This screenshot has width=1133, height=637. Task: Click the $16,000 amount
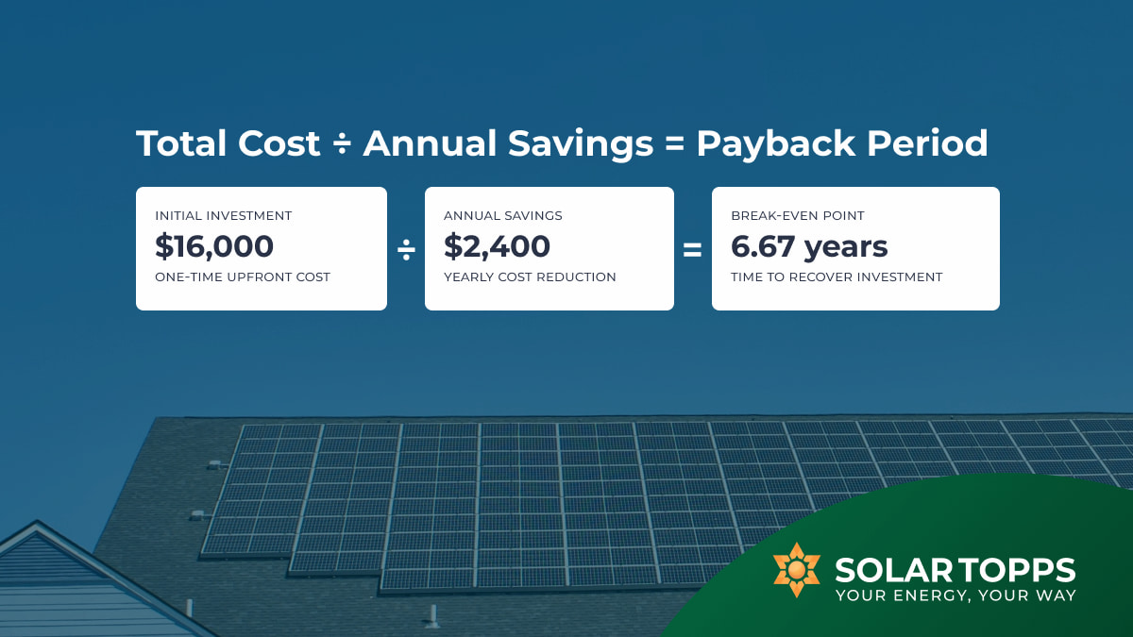214,247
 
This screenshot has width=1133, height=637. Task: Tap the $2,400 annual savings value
497,247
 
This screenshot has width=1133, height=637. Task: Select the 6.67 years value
809,247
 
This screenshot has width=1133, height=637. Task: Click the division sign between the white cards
406,249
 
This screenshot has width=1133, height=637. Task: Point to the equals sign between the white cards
693,250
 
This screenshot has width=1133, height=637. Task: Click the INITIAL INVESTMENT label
224,216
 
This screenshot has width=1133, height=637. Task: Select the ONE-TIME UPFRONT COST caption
243,277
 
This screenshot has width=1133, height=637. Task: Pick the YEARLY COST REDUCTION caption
530,277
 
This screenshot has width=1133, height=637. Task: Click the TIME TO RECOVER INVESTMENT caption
837,277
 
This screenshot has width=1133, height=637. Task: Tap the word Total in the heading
182,143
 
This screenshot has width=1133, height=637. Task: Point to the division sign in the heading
342,144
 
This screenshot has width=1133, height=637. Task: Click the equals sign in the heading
674,144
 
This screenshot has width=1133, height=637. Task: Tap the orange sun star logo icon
796,570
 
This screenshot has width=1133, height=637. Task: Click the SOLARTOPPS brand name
955,570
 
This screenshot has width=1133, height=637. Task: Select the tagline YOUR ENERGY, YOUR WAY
955,595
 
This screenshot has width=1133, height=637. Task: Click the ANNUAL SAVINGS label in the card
502,216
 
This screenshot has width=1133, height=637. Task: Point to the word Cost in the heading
279,143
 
